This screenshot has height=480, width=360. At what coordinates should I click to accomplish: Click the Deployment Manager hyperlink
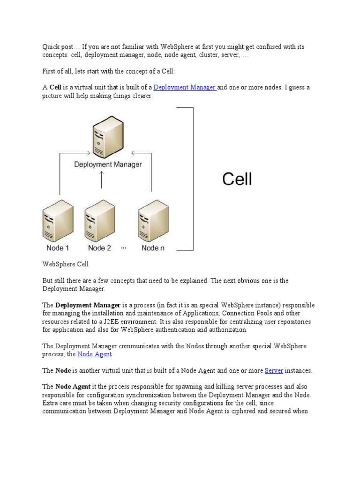[184, 87]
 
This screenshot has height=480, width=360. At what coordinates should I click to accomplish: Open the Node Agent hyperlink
[95, 354]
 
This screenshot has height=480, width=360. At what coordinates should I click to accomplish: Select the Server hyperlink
[274, 370]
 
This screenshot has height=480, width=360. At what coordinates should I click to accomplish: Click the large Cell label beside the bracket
[237, 179]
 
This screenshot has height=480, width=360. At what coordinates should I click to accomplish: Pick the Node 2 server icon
[100, 219]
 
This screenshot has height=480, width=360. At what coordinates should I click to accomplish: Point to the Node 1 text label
[58, 248]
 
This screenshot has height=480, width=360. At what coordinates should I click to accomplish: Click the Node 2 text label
[99, 248]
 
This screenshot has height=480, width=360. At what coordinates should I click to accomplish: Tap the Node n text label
[153, 248]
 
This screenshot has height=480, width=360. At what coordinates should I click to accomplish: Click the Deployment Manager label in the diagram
[108, 165]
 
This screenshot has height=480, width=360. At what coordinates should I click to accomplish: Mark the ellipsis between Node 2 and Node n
[124, 247]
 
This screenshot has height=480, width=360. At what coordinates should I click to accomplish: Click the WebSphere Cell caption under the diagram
[66, 264]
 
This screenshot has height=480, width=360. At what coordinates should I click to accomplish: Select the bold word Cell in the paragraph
[55, 87]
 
